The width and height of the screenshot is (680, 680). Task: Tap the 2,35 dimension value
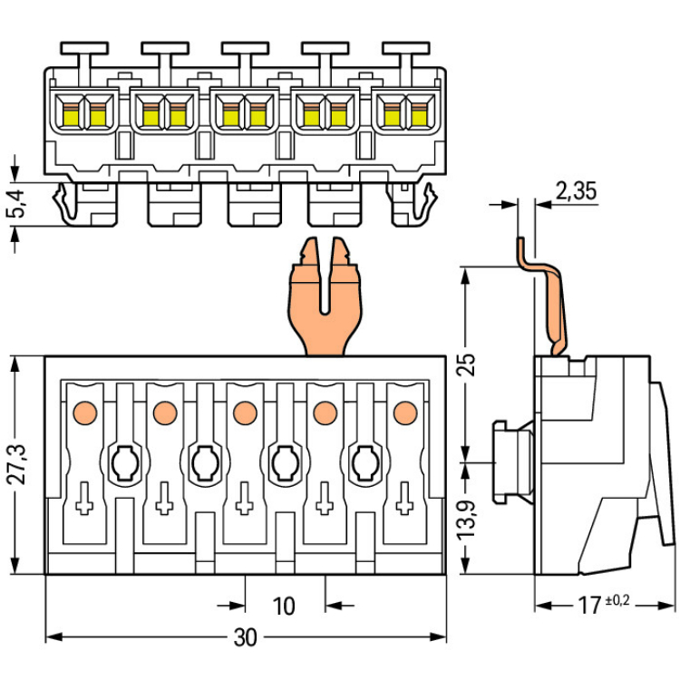point(576,190)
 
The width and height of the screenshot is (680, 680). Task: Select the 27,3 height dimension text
point(20,464)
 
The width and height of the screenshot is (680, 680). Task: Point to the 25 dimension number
point(468,364)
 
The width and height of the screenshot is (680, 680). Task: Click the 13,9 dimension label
point(468,520)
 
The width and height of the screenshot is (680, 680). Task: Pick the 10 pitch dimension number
point(284,606)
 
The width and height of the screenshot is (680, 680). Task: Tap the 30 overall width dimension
point(246,637)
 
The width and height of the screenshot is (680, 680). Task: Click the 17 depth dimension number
point(590,606)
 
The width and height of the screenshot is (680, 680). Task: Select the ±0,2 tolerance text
point(617,600)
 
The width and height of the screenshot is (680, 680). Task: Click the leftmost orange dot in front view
point(85,413)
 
